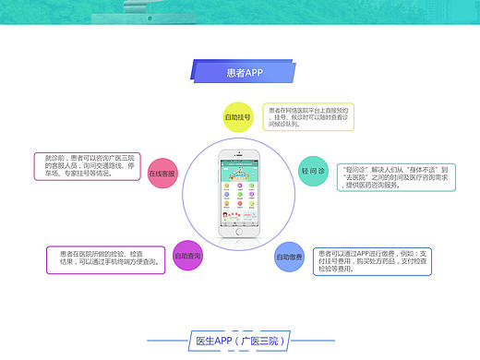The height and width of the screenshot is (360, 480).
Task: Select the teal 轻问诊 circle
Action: coord(313,172)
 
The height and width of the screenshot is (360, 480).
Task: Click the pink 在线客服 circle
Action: coord(162,174)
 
